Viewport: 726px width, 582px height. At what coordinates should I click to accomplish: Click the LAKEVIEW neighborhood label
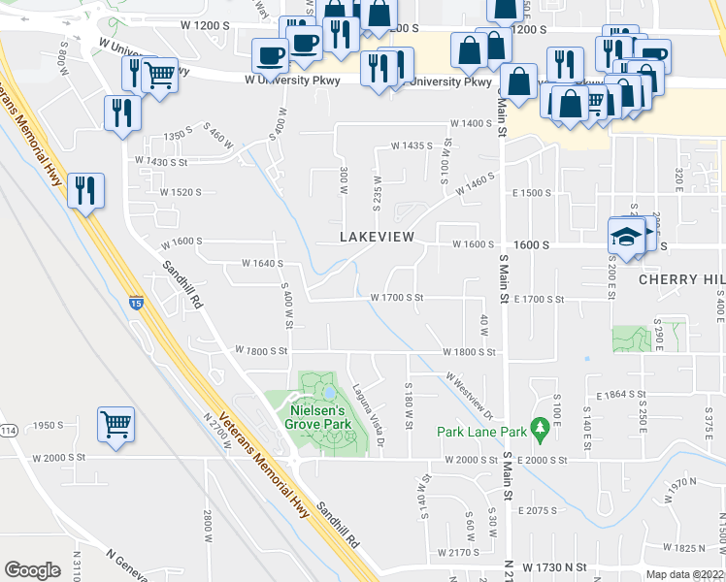tap(378, 237)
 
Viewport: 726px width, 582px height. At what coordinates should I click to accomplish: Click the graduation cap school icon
tap(626, 236)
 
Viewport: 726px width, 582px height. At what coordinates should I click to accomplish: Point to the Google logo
tap(32, 570)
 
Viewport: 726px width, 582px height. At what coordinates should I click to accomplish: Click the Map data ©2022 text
tap(684, 574)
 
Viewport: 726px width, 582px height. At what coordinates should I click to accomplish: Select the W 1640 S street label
tap(262, 263)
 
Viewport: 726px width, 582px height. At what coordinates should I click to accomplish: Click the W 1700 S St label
tap(397, 298)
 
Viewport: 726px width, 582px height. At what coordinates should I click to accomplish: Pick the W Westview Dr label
tap(470, 389)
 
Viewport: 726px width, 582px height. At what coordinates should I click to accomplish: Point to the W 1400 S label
tap(471, 124)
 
